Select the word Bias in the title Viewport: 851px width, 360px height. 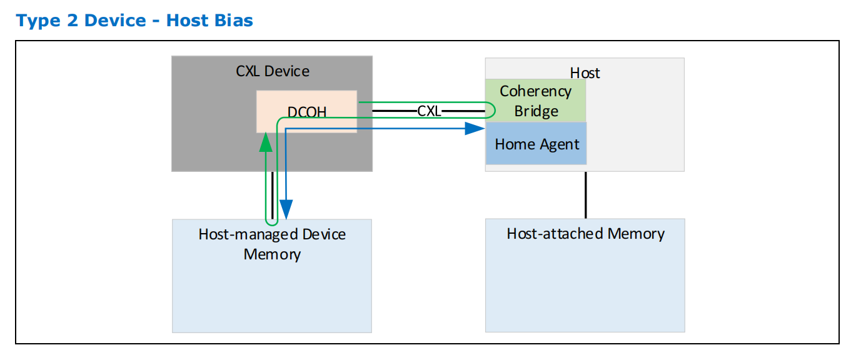233,21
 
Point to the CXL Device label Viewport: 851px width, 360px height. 273,71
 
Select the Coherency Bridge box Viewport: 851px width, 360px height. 535,101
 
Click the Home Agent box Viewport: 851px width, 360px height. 536,144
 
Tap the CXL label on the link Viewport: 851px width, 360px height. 429,111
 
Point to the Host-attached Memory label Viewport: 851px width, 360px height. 585,234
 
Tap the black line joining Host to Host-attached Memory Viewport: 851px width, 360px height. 585,194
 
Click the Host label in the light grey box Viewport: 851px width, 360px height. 585,73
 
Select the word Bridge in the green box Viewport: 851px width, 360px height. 536,111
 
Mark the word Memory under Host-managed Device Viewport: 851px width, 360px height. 272,254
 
